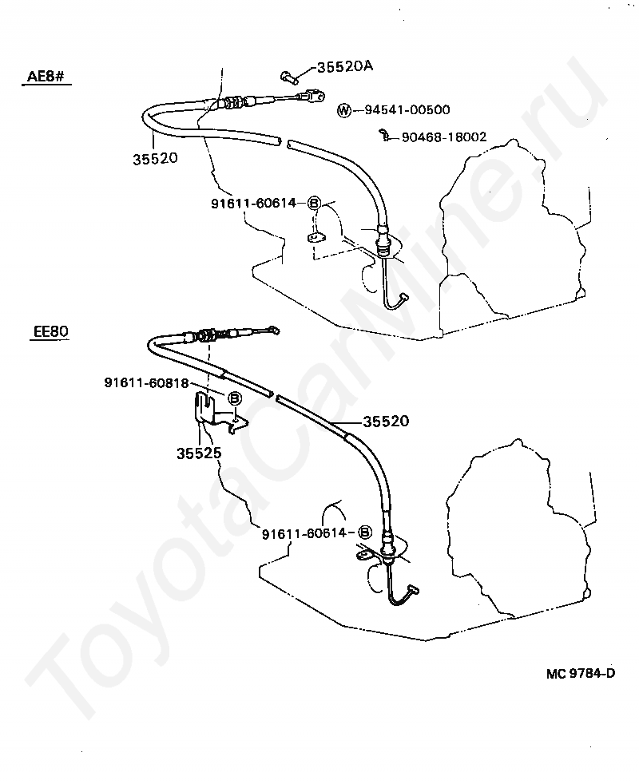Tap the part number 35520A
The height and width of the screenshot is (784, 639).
[345, 67]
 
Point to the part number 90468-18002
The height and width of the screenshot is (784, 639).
[443, 137]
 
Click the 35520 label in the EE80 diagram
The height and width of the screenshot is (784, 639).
[386, 421]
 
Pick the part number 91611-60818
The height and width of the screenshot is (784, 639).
[145, 382]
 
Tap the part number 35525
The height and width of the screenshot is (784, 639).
[199, 453]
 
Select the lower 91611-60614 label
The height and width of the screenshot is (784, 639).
[307, 533]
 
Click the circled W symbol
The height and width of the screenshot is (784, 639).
[343, 110]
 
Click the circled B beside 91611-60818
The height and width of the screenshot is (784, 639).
[235, 398]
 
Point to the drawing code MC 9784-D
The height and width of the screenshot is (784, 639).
[570, 672]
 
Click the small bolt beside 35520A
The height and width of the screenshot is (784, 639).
[288, 77]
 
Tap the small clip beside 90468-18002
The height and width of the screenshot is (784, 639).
[386, 136]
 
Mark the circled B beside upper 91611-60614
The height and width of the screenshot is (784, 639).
[314, 204]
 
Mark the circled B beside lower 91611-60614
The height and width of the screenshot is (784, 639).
[364, 533]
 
